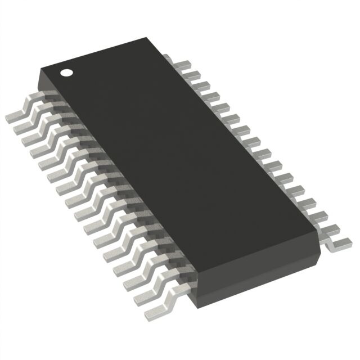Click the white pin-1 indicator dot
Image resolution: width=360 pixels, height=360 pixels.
pyautogui.click(x=67, y=72)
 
